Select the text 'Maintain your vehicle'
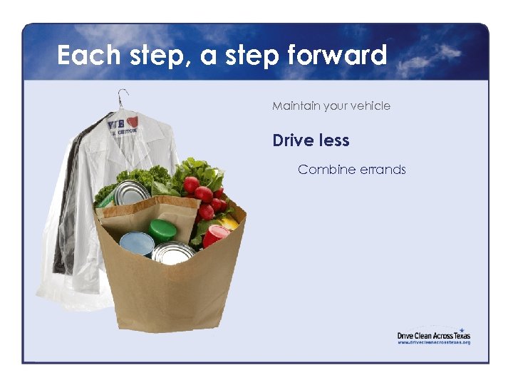click(331, 106)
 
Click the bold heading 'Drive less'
click(311, 140)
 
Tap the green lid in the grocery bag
click(162, 230)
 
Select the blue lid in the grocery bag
click(137, 243)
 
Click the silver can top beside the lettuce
click(131, 191)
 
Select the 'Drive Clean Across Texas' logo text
click(434, 335)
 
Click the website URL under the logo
click(434, 342)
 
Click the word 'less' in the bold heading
click(333, 140)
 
